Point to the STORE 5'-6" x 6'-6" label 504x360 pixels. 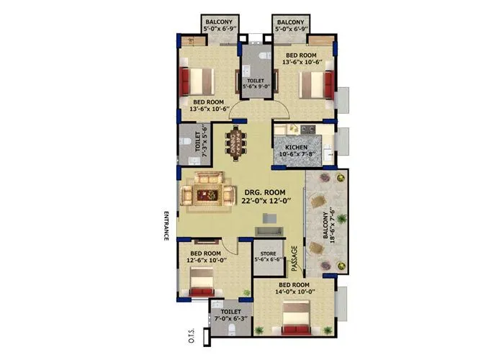(x=267, y=256)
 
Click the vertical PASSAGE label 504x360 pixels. (x=294, y=258)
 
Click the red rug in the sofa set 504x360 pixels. (x=210, y=194)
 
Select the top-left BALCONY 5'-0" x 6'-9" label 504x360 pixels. (x=218, y=27)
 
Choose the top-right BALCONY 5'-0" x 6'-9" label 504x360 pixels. (x=292, y=27)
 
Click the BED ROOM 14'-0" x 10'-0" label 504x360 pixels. (x=294, y=289)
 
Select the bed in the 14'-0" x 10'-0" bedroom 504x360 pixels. (x=295, y=320)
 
